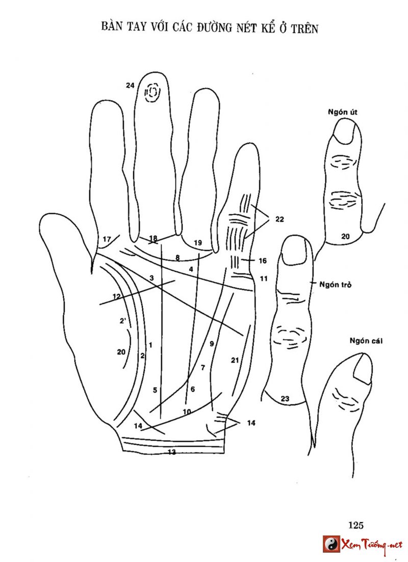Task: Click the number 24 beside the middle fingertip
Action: click(x=130, y=86)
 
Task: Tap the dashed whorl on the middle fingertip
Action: click(x=152, y=93)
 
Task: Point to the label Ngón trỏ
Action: click(x=332, y=284)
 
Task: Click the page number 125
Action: click(x=355, y=525)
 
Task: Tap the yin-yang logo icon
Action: click(x=331, y=544)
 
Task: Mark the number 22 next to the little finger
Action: click(x=279, y=219)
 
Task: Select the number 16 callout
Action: click(x=263, y=261)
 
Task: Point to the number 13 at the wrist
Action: click(x=172, y=452)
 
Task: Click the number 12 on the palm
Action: click(x=116, y=296)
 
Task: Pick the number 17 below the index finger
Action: click(x=107, y=239)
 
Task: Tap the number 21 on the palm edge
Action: click(x=235, y=360)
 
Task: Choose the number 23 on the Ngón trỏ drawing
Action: click(x=285, y=399)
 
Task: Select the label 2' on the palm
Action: click(x=122, y=321)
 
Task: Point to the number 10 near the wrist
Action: click(x=187, y=411)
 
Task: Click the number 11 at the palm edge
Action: click(x=264, y=278)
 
